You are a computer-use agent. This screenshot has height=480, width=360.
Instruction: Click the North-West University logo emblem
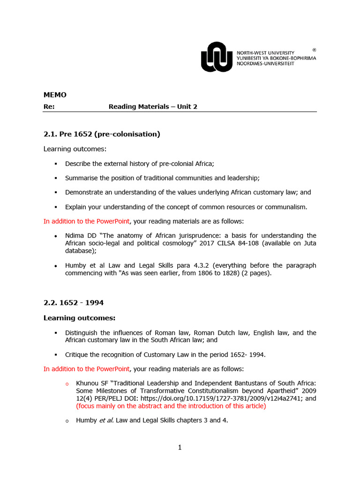[x=216, y=57]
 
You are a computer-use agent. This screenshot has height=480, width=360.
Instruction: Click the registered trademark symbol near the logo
[x=314, y=49]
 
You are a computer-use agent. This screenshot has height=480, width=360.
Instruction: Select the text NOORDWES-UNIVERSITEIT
[x=265, y=64]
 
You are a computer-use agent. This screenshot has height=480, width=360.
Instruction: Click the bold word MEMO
[x=55, y=95]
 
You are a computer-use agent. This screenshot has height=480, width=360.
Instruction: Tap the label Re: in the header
[x=49, y=106]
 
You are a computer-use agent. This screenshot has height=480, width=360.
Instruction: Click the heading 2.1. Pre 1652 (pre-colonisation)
[x=102, y=134]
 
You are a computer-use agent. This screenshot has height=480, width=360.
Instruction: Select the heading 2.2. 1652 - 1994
[x=74, y=303]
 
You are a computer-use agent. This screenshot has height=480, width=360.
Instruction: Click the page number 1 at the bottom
[x=180, y=447]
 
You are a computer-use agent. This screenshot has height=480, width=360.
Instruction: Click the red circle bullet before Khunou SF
[x=67, y=384]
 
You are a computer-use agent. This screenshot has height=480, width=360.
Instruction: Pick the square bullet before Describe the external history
[x=55, y=164]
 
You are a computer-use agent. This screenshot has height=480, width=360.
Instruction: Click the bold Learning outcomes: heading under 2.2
[x=79, y=318]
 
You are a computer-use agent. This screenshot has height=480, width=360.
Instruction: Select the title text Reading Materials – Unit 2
[x=153, y=106]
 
